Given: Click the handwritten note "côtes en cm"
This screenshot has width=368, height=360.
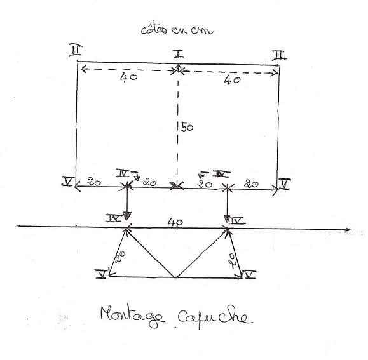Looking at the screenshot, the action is (x=177, y=29).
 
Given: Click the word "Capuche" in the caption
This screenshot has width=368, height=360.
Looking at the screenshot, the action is (x=215, y=317).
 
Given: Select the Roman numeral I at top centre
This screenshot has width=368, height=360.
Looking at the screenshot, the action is (x=179, y=54).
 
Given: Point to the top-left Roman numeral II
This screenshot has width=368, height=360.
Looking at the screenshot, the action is (x=76, y=50).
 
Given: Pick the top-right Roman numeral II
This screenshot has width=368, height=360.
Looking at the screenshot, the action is (x=280, y=55).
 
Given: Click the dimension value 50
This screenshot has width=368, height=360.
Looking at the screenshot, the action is (x=187, y=128).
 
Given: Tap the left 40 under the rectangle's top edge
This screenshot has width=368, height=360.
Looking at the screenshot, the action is (x=128, y=77).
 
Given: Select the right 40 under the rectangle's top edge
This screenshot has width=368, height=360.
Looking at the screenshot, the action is (x=232, y=81).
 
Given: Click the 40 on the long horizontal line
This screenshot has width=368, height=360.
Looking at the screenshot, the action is (x=175, y=222).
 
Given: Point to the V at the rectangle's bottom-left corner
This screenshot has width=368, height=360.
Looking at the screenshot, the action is (x=68, y=182).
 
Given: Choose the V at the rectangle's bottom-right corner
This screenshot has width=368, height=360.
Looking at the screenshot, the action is (x=285, y=183).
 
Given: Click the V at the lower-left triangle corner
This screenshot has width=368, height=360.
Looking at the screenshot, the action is (x=102, y=274).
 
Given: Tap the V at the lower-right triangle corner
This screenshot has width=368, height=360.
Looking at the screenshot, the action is (x=250, y=274).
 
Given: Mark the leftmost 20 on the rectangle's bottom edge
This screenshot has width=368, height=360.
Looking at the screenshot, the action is (x=94, y=182).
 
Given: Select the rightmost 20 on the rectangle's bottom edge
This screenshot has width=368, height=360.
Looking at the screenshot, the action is (x=251, y=184).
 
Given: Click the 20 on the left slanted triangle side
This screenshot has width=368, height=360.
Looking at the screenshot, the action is (x=120, y=257).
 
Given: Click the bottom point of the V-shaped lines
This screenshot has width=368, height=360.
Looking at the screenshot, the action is (x=175, y=277).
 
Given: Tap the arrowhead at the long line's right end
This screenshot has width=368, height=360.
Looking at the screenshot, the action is (x=348, y=230).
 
